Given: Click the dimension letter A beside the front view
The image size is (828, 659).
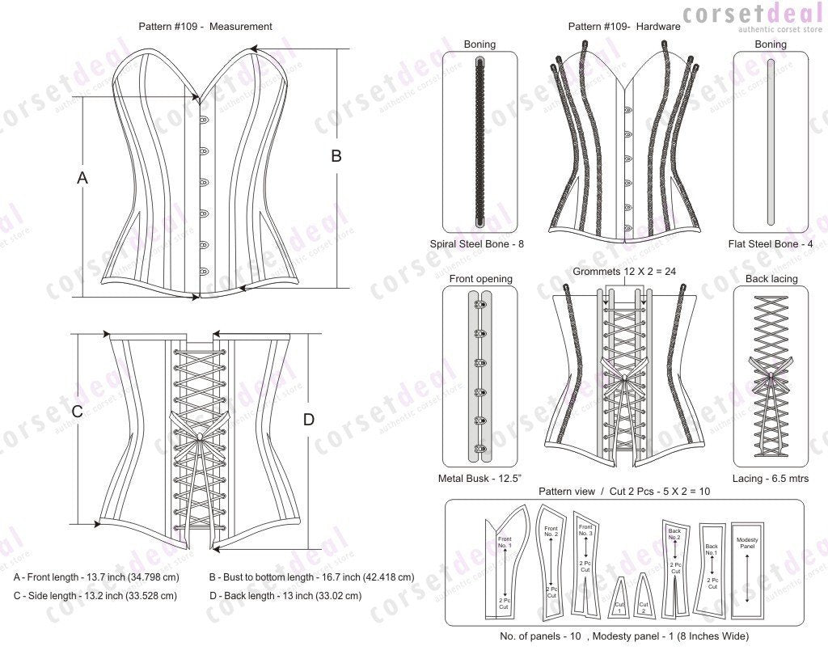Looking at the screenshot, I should pos(82,178).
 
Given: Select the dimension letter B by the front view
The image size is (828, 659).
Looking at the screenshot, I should pos(336,157).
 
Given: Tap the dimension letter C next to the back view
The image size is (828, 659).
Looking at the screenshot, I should pos(78,412).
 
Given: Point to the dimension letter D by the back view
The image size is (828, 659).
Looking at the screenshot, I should pos(308,420).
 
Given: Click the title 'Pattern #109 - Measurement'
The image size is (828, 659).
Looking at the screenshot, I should pos(205,27).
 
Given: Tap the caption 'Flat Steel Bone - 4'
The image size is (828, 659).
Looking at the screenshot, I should pos(770,243).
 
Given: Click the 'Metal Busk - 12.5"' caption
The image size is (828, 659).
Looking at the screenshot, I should pos(479,479).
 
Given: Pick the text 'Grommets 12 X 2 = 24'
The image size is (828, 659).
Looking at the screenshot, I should pos(623,272).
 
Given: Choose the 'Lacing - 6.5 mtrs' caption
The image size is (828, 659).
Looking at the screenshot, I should pos(770,479).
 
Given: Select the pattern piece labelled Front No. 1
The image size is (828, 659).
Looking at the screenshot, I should pos(503,566).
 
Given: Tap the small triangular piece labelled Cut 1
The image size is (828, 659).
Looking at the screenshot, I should pos(619,598).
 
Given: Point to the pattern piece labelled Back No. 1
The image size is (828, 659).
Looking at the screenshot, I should pos(712,566).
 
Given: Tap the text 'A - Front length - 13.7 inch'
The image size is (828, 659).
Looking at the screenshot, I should pos(96,577).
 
